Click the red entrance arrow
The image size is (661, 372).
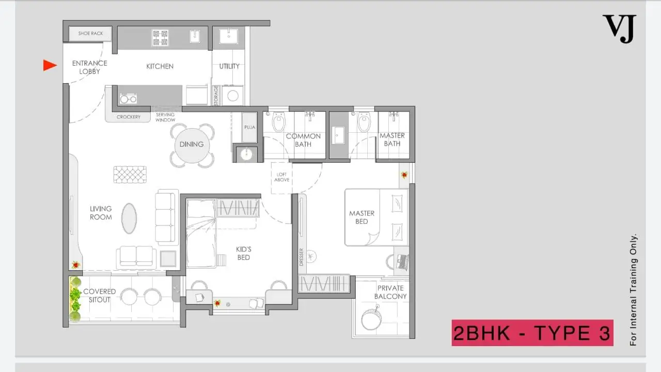coord(50,65)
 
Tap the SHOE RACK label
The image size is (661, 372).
coord(90,34)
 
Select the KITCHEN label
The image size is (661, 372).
coord(160,67)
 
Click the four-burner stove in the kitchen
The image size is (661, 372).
coord(160,38)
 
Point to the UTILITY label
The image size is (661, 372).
coord(229,67)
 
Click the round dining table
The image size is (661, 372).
coord(192,145)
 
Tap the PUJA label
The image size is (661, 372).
coord(249,127)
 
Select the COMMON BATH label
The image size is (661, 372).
coord(303,140)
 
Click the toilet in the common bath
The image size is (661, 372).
coord(279,121)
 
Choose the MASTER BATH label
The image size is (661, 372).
coord(392,139)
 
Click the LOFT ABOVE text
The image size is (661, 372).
coord(282,177)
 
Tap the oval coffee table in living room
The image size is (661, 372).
coord(129,219)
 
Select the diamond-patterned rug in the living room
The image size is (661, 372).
coord(130,175)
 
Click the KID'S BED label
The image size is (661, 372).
coord(243,253)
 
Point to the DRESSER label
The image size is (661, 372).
coord(301,257)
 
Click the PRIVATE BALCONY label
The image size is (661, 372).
coord(390,292)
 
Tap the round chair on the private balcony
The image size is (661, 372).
coord(371,319)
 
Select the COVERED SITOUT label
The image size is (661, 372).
coord(100,296)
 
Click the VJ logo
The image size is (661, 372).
coord(619,28)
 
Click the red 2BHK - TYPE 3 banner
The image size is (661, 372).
coord(532,333)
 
